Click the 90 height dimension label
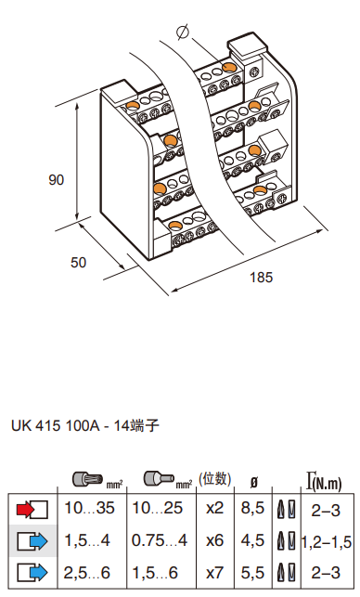pyautogui.click(x=56, y=180)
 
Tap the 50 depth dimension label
pyautogui.click(x=78, y=263)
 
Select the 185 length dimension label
pyautogui.click(x=262, y=278)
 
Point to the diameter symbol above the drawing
pyautogui.click(x=183, y=32)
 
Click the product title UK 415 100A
pyautogui.click(x=56, y=425)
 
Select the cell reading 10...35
pyautogui.click(x=89, y=508)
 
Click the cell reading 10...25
pyautogui.click(x=157, y=508)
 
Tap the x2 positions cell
pyautogui.click(x=215, y=508)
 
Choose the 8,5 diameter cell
pyautogui.click(x=252, y=508)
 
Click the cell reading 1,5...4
pyautogui.click(x=87, y=540)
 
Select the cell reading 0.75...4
pyautogui.click(x=160, y=540)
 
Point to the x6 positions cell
pyautogui.click(x=215, y=540)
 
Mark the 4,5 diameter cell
pyautogui.click(x=252, y=540)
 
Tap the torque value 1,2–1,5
pyautogui.click(x=327, y=542)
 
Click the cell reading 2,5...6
pyautogui.click(x=87, y=573)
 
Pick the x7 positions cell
pyautogui.click(x=215, y=573)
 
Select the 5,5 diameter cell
pyautogui.click(x=252, y=573)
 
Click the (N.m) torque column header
pyautogui.click(x=327, y=483)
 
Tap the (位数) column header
pyautogui.click(x=215, y=478)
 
